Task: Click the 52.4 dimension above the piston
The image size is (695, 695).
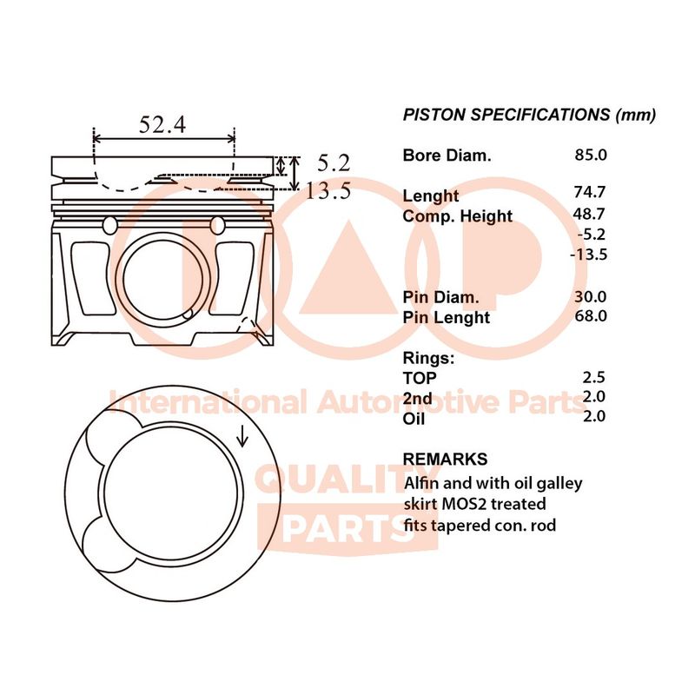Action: pos(162,124)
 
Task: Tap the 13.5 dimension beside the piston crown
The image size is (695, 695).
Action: pos(328,191)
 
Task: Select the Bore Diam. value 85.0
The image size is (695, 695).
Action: pos(591,155)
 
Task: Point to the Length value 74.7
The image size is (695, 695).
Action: pos(590,191)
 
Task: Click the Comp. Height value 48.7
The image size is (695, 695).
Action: pos(589,214)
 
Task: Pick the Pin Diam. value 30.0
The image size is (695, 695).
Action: pos(591,296)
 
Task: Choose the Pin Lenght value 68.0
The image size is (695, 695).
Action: pos(591,315)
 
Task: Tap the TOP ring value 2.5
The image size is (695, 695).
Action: pos(594,377)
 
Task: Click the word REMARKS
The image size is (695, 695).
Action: pos(445,459)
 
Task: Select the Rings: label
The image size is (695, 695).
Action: pos(428,358)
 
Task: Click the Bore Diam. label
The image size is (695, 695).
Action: pos(447,156)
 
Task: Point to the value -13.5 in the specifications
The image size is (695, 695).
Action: pos(589,255)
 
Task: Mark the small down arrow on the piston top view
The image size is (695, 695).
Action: pos(242,435)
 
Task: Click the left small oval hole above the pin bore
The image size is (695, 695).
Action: pos(110,225)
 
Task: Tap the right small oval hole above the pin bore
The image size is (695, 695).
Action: pos(218,225)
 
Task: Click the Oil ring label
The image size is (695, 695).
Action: pos(414,419)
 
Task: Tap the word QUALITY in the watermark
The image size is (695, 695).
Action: pos(348,480)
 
